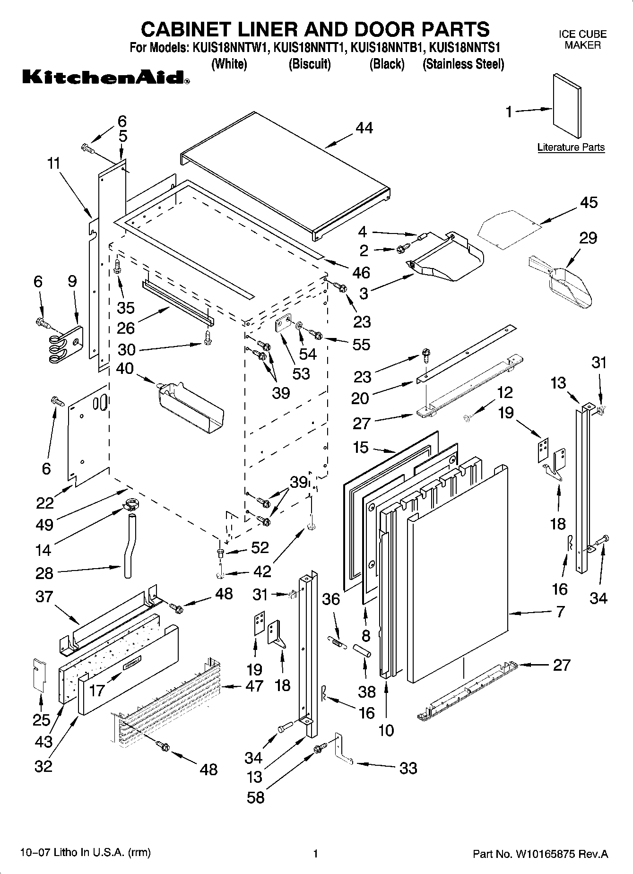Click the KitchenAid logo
click(x=106, y=77)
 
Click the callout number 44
click(x=364, y=128)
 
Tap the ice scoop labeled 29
click(x=565, y=286)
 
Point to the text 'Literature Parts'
click(x=571, y=147)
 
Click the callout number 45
click(x=589, y=202)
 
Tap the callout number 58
click(x=256, y=798)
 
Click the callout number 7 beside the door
click(x=560, y=612)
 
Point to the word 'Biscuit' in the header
click(x=310, y=64)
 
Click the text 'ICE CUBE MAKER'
click(x=582, y=40)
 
